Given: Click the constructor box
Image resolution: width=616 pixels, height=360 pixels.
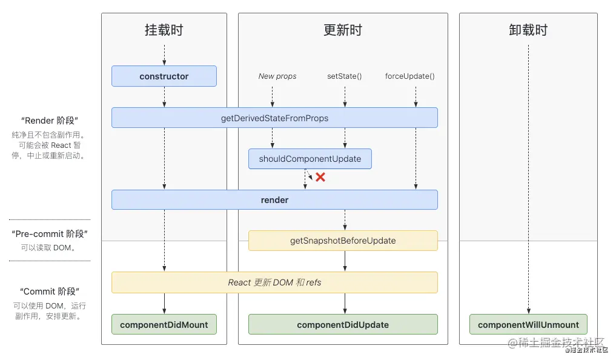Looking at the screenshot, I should (164, 76).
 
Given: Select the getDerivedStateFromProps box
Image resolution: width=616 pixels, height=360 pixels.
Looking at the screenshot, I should (274, 118).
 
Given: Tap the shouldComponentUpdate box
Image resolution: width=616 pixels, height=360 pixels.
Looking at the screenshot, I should (310, 159).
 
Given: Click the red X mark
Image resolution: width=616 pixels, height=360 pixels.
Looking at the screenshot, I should (320, 178).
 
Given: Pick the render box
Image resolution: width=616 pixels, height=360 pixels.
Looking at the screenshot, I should (274, 200).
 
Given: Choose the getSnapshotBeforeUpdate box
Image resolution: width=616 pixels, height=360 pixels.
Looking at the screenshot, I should (343, 241).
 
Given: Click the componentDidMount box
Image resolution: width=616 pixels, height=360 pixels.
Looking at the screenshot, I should (164, 325).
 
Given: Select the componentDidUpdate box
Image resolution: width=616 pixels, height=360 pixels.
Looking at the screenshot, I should (343, 325).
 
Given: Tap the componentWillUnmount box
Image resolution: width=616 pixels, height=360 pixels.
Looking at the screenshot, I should (528, 325).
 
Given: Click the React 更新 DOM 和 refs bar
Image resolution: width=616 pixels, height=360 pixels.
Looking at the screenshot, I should (274, 282).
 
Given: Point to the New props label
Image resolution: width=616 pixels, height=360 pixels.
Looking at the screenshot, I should (277, 76).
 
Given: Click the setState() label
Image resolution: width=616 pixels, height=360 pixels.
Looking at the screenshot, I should (344, 76).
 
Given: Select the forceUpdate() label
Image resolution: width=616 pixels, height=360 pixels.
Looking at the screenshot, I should (410, 76).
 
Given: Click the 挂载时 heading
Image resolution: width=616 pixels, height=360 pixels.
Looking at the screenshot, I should (164, 30).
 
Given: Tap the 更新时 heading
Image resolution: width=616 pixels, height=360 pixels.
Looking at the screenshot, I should (343, 30).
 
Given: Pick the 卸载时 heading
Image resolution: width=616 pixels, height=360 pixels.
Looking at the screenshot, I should (528, 30).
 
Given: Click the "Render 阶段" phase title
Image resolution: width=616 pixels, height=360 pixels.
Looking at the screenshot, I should (49, 121).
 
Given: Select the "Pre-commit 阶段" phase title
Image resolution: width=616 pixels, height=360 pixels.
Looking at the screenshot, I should (49, 234).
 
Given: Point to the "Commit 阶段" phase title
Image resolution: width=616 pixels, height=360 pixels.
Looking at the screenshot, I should (49, 292).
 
